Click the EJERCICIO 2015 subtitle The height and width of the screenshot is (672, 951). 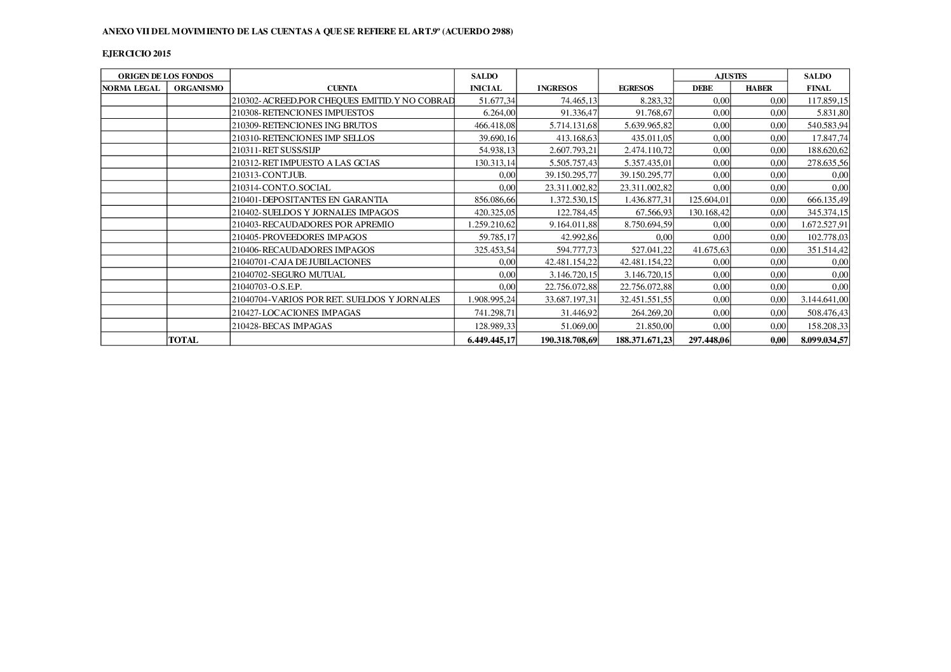point(136,54)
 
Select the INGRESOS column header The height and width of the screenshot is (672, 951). point(557,88)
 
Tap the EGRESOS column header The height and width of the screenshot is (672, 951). point(636,88)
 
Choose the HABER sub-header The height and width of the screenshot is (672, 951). point(759,88)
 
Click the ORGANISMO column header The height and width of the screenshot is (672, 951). point(198,88)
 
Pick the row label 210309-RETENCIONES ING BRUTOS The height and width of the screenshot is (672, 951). point(304,125)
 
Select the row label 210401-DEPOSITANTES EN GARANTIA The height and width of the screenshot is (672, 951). point(310,199)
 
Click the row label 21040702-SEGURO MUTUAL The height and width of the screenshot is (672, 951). point(288,274)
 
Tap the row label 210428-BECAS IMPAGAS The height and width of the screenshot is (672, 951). point(282,326)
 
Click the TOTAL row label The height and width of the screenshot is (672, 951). point(183,340)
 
